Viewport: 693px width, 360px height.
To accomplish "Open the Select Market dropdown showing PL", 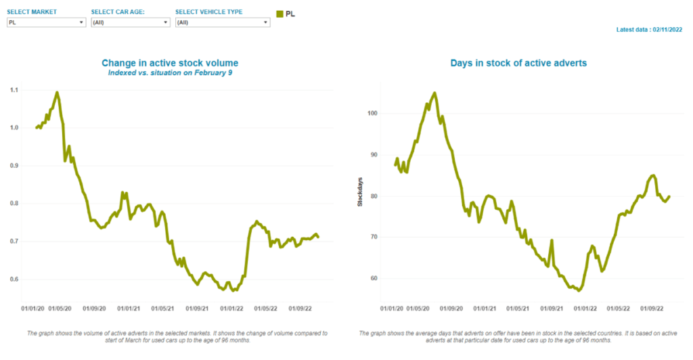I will point(44,22).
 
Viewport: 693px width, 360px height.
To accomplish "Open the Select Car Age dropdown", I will point(129,22).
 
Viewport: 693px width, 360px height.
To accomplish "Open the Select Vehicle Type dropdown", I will point(221,22).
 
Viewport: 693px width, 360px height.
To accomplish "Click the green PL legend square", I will point(280,14).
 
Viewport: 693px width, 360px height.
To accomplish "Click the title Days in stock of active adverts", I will point(518,63).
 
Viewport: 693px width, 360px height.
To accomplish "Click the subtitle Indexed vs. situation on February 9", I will point(171,72).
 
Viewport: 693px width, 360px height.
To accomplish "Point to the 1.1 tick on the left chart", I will point(14,90).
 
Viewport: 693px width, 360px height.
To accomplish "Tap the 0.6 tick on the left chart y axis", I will point(14,279).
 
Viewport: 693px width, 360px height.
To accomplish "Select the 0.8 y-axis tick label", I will point(14,204).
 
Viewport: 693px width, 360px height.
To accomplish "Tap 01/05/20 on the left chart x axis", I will point(60,309).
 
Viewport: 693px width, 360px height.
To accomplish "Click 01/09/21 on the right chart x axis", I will point(552,309).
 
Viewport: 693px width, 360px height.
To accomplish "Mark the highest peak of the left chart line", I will point(57,92).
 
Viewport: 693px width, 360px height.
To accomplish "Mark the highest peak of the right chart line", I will point(434,93).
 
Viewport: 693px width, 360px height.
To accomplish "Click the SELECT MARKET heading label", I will point(32,12).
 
